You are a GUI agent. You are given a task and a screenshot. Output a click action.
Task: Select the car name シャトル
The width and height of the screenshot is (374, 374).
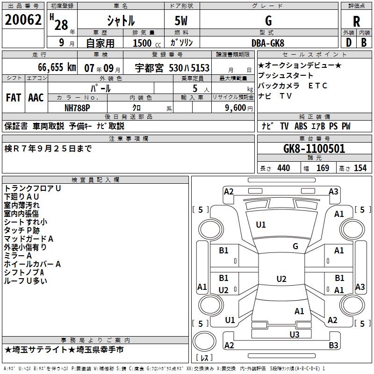[121, 21]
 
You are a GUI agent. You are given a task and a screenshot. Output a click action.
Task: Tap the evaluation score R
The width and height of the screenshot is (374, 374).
[357, 21]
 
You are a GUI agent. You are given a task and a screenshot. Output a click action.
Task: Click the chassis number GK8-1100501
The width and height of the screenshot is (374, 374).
[314, 149]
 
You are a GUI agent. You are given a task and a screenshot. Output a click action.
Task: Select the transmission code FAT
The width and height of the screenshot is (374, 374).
[13, 98]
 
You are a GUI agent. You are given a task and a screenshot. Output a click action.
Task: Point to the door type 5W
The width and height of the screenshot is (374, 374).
[182, 21]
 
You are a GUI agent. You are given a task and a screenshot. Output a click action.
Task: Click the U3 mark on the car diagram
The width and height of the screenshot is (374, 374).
[294, 334]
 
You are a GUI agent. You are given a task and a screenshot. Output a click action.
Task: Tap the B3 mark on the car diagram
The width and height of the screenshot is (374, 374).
[333, 345]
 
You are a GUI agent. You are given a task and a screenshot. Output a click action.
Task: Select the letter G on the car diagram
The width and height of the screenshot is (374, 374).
[295, 246]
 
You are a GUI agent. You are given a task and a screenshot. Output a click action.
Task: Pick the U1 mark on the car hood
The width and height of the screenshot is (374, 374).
[260, 225]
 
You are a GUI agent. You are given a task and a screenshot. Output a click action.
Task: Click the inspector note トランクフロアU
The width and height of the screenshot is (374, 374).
[33, 188]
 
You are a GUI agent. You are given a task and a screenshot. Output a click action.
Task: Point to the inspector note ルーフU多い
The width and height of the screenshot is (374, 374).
[26, 281]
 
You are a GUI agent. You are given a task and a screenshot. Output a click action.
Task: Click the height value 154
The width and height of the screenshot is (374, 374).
[360, 168]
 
